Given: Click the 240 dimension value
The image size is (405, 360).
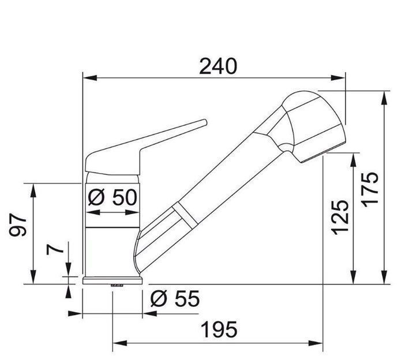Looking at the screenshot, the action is click(x=217, y=66).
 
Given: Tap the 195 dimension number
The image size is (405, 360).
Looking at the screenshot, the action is click(x=219, y=329).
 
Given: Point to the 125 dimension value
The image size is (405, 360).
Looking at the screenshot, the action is click(x=340, y=217).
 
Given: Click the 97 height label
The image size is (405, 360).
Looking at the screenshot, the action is click(x=18, y=224).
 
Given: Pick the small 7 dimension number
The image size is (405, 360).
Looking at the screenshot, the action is click(x=55, y=249).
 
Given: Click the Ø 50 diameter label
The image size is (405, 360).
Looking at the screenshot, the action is click(x=112, y=197).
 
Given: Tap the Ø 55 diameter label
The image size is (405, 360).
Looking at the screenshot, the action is click(x=175, y=298).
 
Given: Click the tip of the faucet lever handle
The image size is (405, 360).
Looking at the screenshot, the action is click(x=205, y=122).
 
